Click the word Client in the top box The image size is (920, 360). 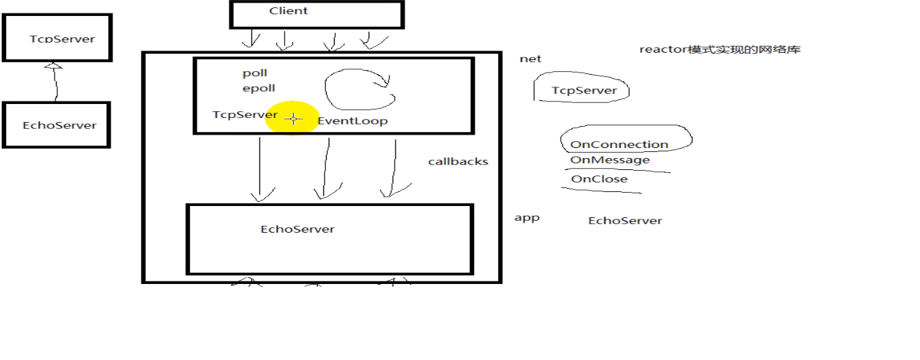288,11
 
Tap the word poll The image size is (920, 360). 255,73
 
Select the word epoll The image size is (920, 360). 259,89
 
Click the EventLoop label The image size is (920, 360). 353,121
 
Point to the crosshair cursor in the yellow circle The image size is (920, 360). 293,119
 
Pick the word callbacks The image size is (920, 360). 458,162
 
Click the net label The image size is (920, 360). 530,59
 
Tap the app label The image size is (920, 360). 527,218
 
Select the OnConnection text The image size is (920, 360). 619,145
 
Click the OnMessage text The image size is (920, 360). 610,160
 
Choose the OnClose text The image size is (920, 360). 599,179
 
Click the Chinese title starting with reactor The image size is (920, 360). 719,50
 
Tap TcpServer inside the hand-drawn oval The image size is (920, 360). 584,91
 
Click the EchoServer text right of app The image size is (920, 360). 625,221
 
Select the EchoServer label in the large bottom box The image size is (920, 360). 297,229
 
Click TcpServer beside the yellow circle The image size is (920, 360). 245,115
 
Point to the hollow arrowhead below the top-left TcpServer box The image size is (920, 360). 53,66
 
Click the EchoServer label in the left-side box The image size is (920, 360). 59,125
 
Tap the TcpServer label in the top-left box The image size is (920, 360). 62,39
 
